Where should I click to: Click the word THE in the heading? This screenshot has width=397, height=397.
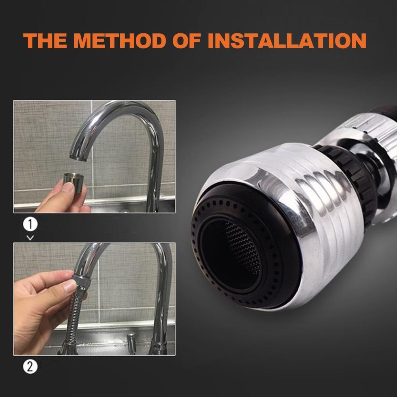coord(45,40)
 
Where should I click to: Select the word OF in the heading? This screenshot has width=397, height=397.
coord(187,40)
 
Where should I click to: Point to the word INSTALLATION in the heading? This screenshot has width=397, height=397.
coord(287,40)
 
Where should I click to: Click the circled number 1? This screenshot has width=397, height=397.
coord(30,224)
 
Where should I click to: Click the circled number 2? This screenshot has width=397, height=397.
coord(30,367)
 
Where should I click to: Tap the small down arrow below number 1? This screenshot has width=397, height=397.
coord(30,238)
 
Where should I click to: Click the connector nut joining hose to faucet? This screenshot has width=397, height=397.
coord(82,281)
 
